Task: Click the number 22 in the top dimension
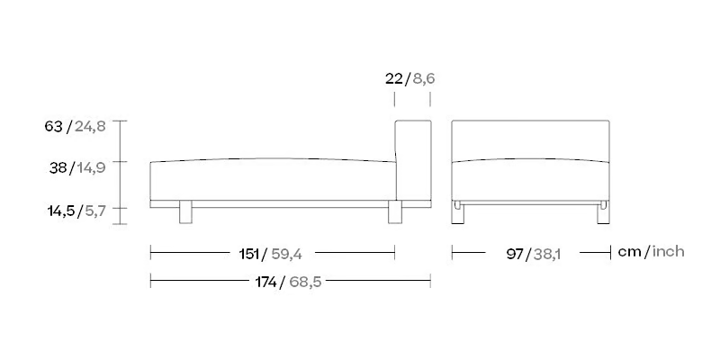pos(394,79)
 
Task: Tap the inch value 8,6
pos(423,79)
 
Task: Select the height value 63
pos(53,126)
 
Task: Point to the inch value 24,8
pos(90,127)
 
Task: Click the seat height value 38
pos(58,167)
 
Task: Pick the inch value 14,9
pos(91,168)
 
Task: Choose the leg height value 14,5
pos(60,211)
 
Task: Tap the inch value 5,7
pos(95,211)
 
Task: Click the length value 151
pos(248,254)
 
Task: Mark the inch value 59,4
pos(286,255)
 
